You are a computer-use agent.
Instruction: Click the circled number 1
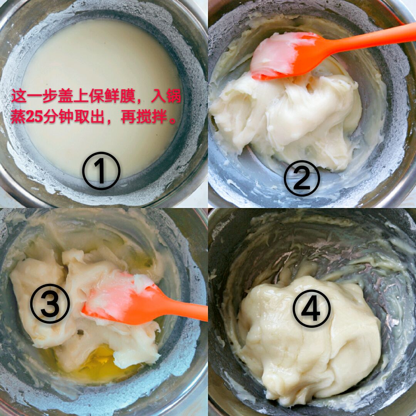point(101,171)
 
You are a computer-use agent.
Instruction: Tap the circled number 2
point(302,178)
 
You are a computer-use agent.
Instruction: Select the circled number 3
point(50,304)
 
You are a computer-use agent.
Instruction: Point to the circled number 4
point(312,308)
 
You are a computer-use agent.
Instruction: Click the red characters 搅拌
point(152,117)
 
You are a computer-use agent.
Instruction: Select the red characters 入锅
point(166,96)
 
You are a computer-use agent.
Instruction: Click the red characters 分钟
point(59,117)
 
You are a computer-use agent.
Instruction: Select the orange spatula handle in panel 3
point(183,310)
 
